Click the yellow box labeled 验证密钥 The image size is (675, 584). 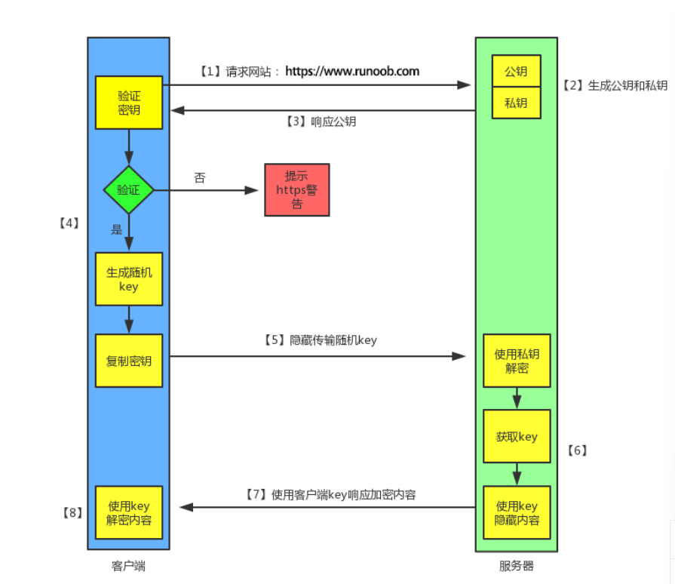point(128,103)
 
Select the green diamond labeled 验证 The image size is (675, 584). point(128,189)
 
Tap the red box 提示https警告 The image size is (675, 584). point(296,190)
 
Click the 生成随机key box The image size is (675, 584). point(128,279)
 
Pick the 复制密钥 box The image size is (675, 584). point(128,361)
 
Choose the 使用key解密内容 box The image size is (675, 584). point(128,512)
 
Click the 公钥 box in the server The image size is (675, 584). point(516,72)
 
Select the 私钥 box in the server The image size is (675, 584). point(516,103)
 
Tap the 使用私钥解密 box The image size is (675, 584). point(517,361)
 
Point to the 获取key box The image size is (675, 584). point(517,436)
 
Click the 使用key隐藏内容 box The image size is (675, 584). point(517,512)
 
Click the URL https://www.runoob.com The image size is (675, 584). point(352,72)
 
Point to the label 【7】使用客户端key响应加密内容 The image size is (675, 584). point(330,495)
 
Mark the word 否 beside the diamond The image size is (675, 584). point(200,178)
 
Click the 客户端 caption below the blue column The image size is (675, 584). point(127,566)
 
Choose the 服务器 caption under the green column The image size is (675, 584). point(517,566)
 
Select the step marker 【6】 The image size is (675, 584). point(576,450)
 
